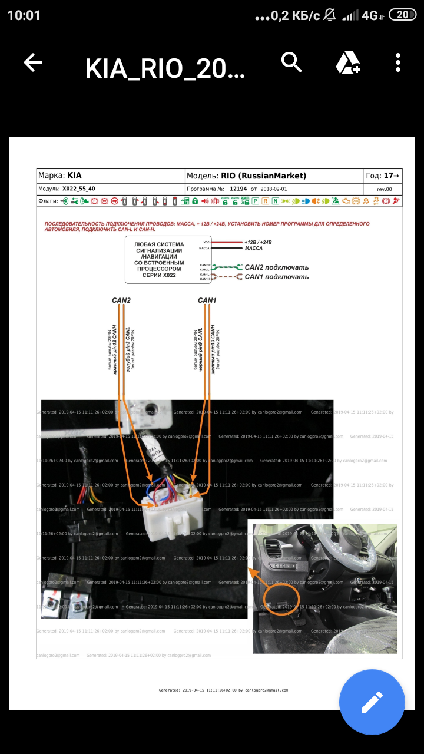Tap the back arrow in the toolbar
coord(33,63)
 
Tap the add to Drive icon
coord(347,62)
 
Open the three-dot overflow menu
coord(399,62)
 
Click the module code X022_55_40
coord(78,189)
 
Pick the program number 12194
coord(238,189)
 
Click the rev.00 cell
coord(384,189)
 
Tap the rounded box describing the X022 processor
coord(159,260)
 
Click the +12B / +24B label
coord(262,242)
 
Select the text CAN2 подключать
coord(276,267)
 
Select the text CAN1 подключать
coord(276,277)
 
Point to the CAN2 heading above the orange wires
coord(121,300)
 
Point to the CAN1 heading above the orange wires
coord(207,300)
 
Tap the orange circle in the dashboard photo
coord(281,599)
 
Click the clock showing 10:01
coord(24,15)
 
